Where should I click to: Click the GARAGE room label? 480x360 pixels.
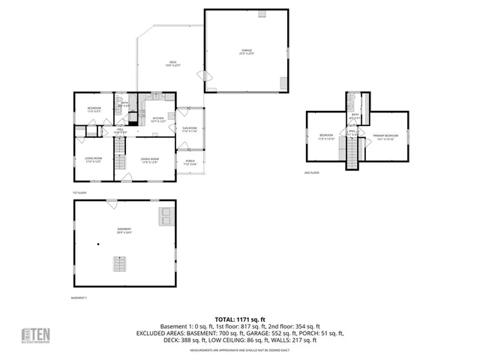[247, 52]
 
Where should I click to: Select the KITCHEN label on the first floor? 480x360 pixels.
[158, 119]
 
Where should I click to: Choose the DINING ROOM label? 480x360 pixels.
[149, 160]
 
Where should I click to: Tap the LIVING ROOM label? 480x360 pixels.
[94, 160]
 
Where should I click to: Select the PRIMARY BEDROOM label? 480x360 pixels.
[385, 136]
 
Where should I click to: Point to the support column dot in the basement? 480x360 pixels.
[98, 245]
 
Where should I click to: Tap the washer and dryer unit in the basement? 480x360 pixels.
[164, 217]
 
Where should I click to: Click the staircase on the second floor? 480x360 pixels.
[351, 154]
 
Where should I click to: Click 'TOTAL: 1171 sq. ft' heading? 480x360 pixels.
[240, 319]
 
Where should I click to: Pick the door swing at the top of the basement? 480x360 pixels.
[110, 202]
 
